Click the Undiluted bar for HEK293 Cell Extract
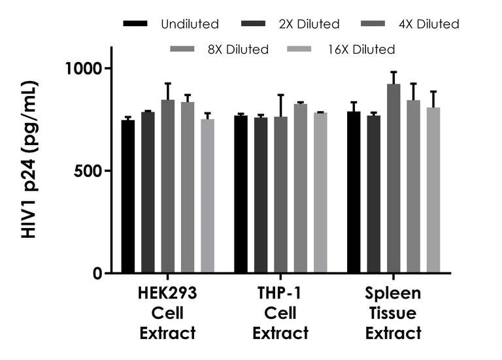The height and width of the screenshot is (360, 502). [128, 197]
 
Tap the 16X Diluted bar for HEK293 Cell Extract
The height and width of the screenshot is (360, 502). [207, 196]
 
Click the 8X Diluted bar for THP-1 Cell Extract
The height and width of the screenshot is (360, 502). [301, 189]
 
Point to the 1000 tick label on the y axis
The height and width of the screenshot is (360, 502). [84, 69]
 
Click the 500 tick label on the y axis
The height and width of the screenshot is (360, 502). [88, 171]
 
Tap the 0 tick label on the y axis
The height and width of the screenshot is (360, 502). [97, 274]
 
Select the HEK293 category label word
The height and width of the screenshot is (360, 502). [167, 293]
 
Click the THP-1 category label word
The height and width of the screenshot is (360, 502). [281, 293]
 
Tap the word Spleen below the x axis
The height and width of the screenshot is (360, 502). [393, 293]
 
